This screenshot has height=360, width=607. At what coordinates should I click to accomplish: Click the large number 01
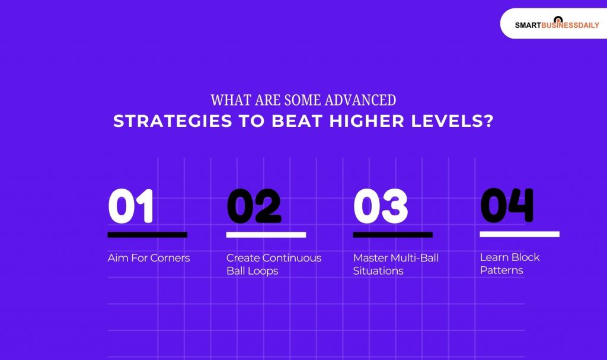131,207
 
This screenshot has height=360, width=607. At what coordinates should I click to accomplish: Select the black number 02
254,207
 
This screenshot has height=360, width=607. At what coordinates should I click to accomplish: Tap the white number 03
381,207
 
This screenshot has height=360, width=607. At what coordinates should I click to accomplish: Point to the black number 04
507,206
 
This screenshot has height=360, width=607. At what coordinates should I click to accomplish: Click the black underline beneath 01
147,235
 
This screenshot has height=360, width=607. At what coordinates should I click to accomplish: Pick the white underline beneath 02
266,235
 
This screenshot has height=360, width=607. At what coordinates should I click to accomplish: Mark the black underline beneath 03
392,235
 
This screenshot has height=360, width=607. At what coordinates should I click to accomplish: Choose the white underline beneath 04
519,234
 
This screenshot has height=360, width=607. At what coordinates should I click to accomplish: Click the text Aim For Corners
149,258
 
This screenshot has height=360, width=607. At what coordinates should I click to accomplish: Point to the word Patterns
501,270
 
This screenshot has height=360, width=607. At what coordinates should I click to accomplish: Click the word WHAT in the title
226,100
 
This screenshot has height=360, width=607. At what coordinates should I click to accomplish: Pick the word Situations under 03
378,271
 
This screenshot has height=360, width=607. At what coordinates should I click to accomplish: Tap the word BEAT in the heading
298,121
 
